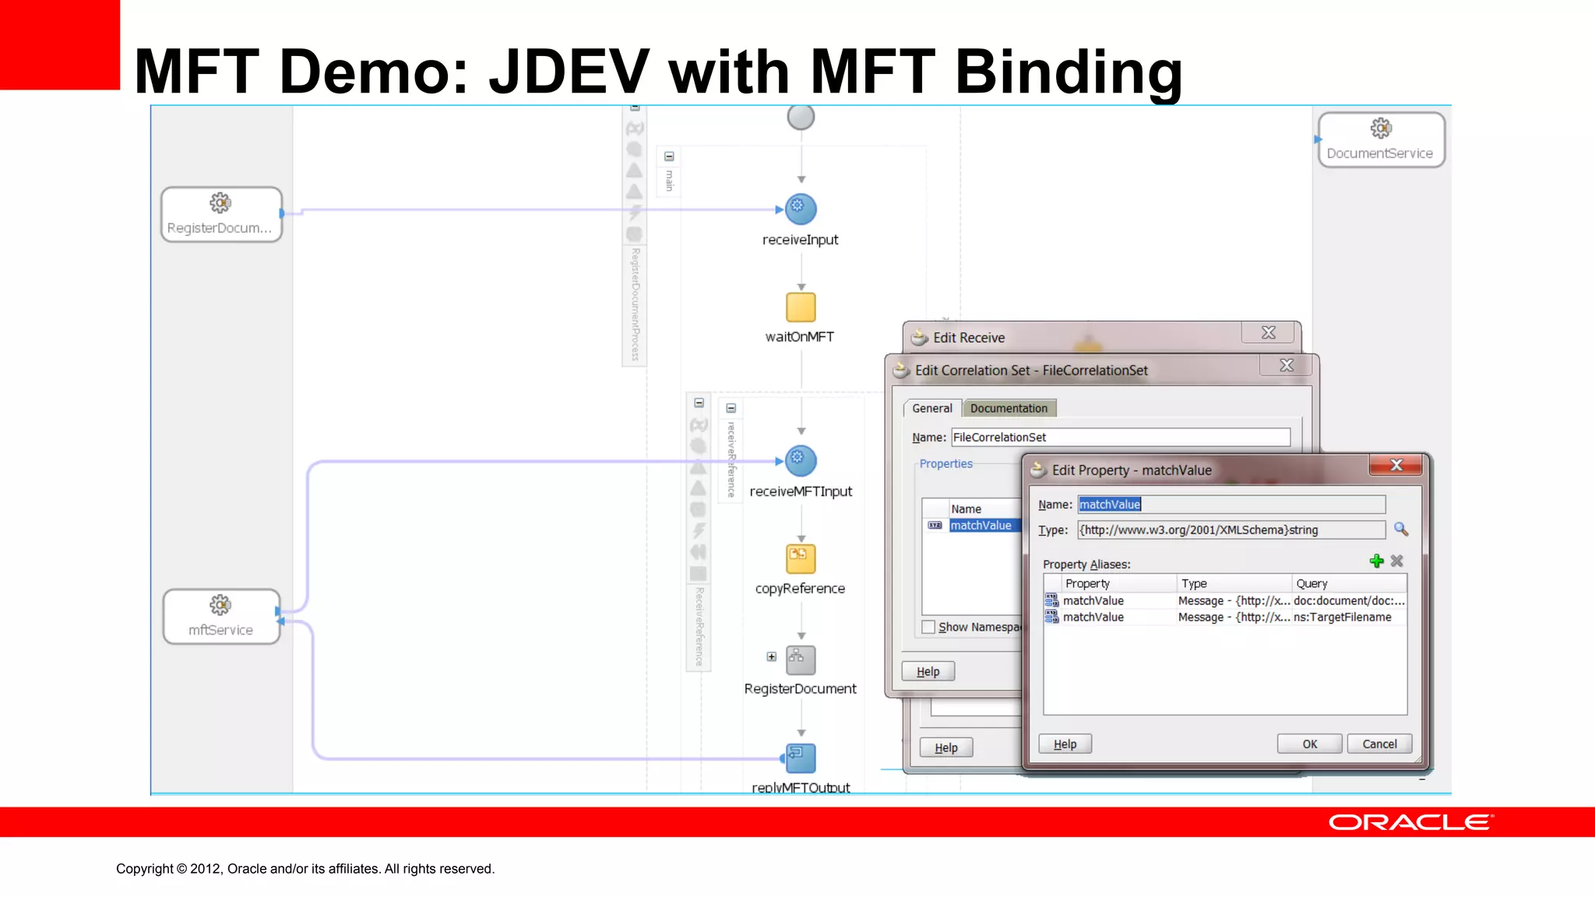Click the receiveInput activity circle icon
tap(801, 209)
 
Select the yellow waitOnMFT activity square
tap(801, 307)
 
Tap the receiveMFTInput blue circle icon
tap(801, 460)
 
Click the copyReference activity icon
tap(801, 558)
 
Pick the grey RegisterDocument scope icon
tap(801, 660)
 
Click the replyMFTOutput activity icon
tap(801, 758)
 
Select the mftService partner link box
tap(221, 616)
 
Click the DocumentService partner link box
tap(1380, 139)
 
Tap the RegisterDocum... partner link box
tap(221, 214)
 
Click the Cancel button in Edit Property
tap(1379, 744)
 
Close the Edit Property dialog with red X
tap(1396, 465)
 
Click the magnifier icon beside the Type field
tap(1400, 529)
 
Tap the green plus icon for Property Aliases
tap(1376, 561)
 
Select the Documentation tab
tap(1009, 408)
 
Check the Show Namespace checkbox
tap(928, 627)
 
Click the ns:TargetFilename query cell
tap(1343, 617)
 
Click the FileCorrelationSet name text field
tap(1120, 438)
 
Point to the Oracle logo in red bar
tap(1410, 822)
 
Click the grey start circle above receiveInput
tap(801, 117)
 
